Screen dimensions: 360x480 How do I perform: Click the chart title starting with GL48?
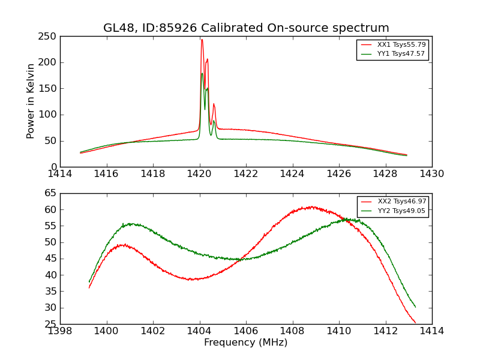coord(246,28)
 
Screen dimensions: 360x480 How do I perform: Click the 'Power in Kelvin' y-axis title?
coord(31,101)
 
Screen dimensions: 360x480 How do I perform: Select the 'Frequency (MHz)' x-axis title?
coord(246,343)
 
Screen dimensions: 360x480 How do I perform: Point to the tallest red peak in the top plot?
coord(202,40)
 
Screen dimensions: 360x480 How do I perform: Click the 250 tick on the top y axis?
coord(49,37)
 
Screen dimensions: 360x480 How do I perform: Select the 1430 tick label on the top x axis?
coord(431,174)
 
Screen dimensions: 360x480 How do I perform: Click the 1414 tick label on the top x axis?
coord(60,174)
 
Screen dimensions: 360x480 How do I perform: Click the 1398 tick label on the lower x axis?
coord(60,331)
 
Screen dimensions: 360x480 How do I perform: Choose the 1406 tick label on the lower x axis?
coord(246,331)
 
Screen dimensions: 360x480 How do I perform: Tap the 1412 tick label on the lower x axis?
coord(385,331)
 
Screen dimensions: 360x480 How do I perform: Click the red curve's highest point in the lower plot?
coord(311,207)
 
